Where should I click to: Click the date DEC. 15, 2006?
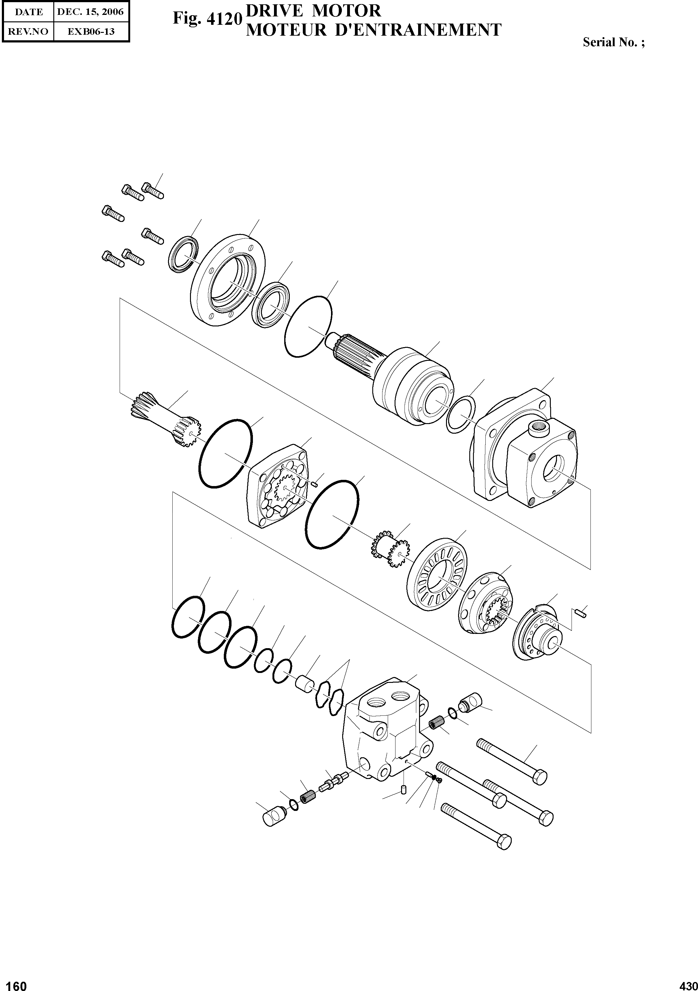91,12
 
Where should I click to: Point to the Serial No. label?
613,42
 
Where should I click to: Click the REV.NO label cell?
28,31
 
